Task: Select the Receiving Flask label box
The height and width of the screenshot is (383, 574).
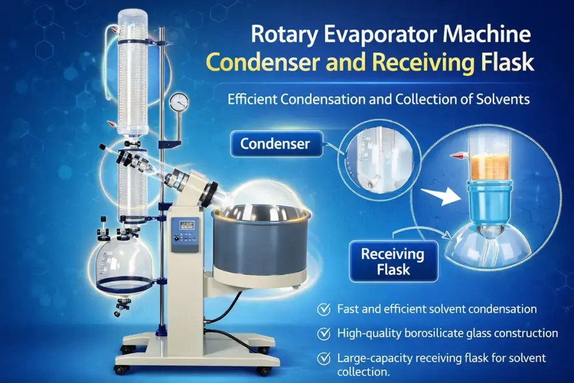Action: [392, 261]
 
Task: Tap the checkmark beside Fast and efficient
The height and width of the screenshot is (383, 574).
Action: [323, 309]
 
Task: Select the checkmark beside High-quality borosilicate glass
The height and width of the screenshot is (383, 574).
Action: [323, 334]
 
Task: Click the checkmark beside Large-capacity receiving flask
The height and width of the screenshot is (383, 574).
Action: [323, 358]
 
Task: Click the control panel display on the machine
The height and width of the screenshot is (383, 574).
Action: [185, 225]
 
